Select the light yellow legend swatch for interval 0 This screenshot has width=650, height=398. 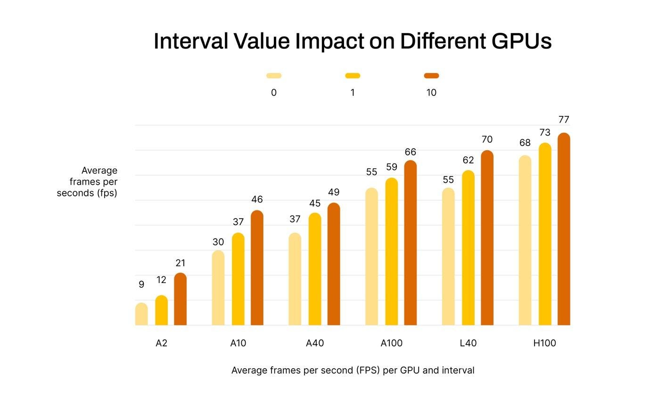(273, 75)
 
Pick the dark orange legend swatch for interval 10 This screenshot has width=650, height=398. (431, 75)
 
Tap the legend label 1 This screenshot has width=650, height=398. (352, 93)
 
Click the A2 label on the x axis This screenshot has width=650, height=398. (161, 343)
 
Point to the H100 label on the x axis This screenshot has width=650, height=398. (544, 343)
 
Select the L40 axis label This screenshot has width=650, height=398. (468, 343)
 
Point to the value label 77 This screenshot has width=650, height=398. (564, 120)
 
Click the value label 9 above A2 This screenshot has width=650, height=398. (141, 284)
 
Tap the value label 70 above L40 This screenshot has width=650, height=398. (487, 139)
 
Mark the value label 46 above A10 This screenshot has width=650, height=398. (257, 200)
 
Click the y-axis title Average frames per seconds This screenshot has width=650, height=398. (87, 182)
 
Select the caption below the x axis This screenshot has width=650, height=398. (353, 371)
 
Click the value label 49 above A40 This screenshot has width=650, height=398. (334, 192)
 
